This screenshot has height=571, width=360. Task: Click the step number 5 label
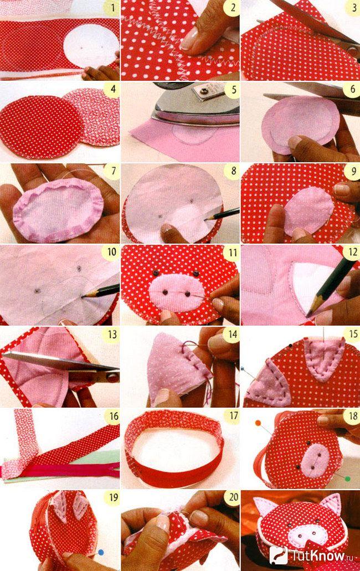coord(233,90)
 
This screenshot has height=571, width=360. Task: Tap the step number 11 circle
coord(233,253)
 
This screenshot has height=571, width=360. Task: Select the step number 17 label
coord(233,416)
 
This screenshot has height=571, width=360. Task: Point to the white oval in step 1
coord(91,47)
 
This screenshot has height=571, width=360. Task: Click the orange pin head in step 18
coord(258,423)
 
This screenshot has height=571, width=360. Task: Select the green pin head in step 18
coord(348,479)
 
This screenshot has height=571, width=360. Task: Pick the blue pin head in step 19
coord(101,552)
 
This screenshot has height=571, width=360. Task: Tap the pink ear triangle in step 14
coord(174,368)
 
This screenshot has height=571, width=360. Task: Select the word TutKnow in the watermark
coord(317,555)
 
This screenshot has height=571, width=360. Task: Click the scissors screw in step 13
coord(112,377)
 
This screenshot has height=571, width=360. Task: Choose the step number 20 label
coord(233,498)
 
